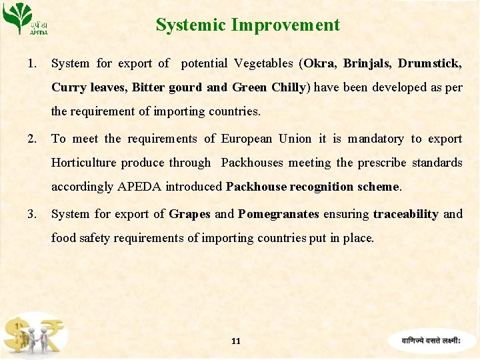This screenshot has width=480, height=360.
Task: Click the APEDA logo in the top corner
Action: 27,19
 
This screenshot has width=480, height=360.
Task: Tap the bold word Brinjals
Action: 367,63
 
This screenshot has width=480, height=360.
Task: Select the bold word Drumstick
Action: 429,63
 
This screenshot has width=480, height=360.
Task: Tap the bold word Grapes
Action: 189,214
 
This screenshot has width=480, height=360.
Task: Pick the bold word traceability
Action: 405,214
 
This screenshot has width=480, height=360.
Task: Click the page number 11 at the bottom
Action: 235,341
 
